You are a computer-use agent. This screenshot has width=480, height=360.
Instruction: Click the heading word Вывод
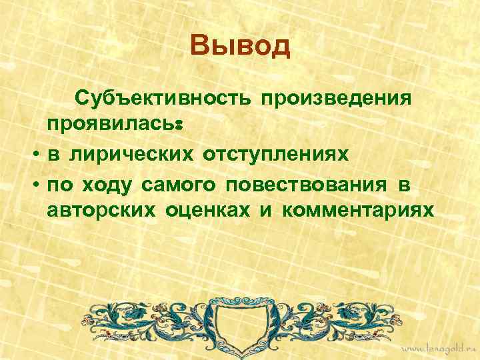point(240,47)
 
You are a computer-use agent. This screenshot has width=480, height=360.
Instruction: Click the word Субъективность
point(163,99)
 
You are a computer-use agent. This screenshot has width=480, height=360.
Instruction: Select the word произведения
point(335,99)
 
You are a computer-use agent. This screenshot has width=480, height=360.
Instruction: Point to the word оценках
point(203,211)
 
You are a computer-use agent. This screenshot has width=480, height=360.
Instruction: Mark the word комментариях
point(357,211)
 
